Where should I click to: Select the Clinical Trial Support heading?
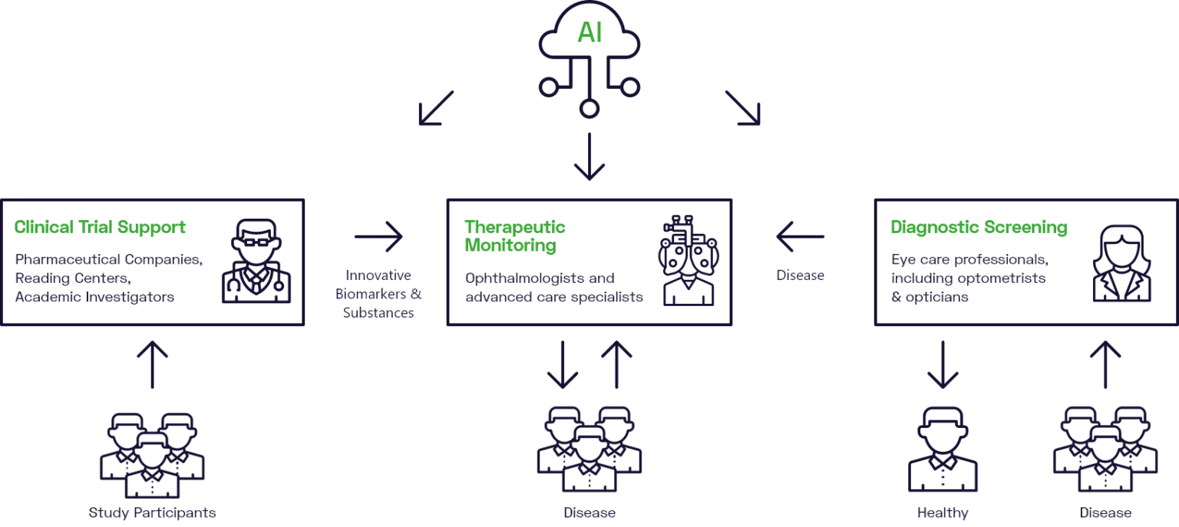click(x=100, y=227)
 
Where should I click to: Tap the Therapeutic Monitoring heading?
click(x=515, y=236)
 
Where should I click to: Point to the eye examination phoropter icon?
click(x=689, y=261)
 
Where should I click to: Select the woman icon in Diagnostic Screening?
click(x=1121, y=262)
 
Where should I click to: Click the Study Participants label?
click(x=152, y=512)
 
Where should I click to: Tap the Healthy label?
click(x=943, y=512)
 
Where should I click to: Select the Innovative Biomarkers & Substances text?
click(x=378, y=294)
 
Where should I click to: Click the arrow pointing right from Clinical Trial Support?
click(x=378, y=237)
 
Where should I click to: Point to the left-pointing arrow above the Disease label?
click(x=800, y=237)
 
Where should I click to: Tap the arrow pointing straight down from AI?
click(x=589, y=157)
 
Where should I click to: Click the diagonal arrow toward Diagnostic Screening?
click(x=742, y=108)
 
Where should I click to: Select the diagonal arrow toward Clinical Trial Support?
click(x=436, y=108)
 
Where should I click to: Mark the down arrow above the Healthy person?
click(x=943, y=365)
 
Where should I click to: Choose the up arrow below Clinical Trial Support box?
click(x=152, y=365)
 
